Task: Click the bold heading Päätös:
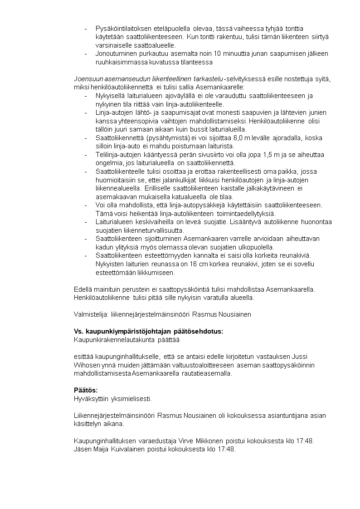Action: [86, 390]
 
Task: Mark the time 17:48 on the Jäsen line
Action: [227, 449]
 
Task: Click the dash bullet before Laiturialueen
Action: [86, 222]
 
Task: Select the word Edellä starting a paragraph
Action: [83, 289]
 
